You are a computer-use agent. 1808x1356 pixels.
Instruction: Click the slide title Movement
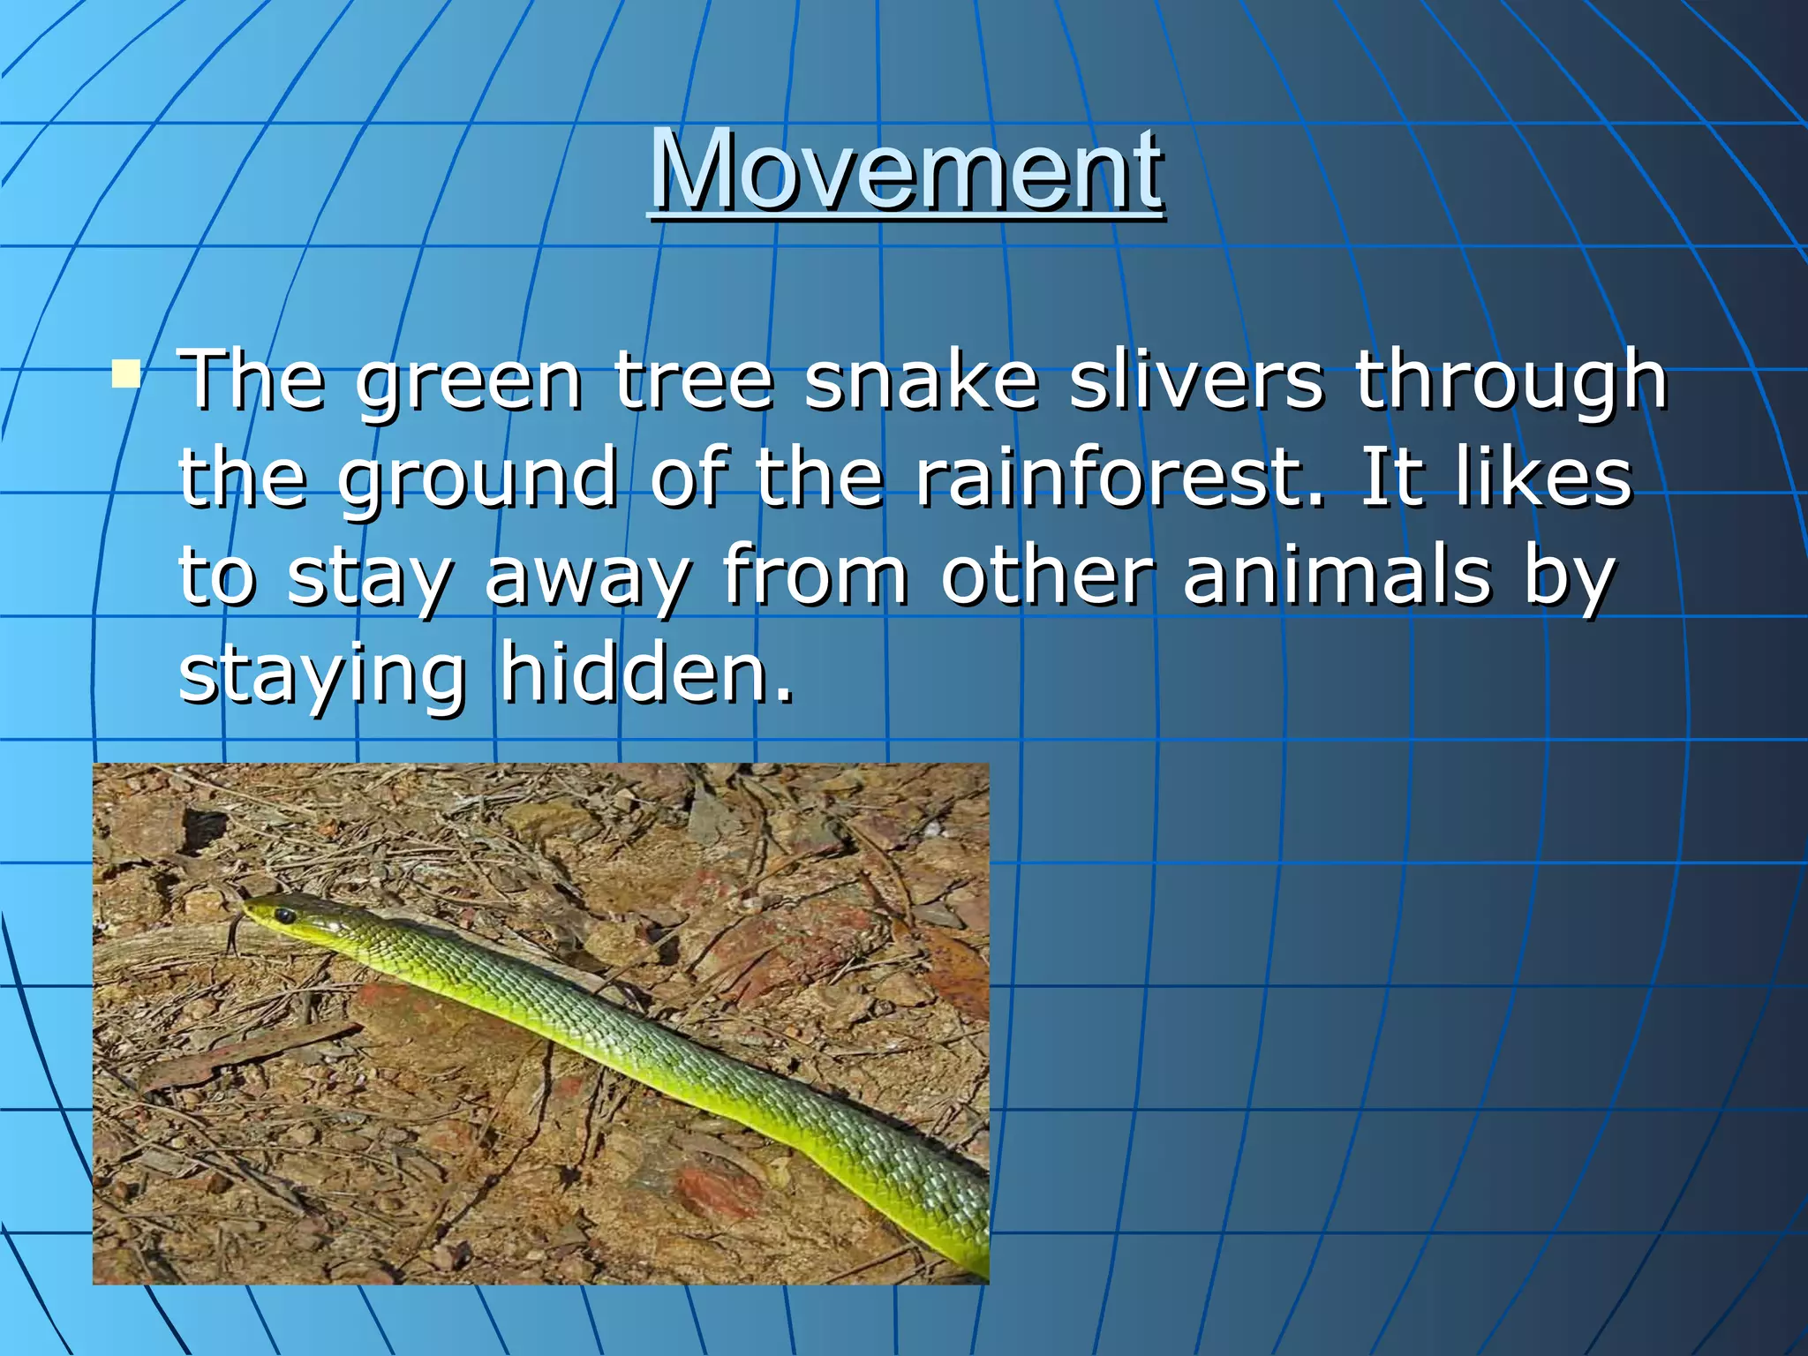(907, 169)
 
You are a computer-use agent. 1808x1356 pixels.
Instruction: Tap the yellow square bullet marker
(126, 373)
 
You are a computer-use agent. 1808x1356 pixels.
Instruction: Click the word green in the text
(469, 381)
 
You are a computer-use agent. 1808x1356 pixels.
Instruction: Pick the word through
(1510, 381)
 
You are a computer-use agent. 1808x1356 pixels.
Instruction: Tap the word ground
(478, 479)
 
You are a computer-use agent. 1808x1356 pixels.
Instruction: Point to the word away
(587, 578)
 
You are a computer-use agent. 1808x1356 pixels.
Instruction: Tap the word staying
(322, 675)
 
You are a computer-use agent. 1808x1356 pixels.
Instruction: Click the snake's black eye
(284, 915)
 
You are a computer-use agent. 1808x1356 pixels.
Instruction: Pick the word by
(1569, 578)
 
